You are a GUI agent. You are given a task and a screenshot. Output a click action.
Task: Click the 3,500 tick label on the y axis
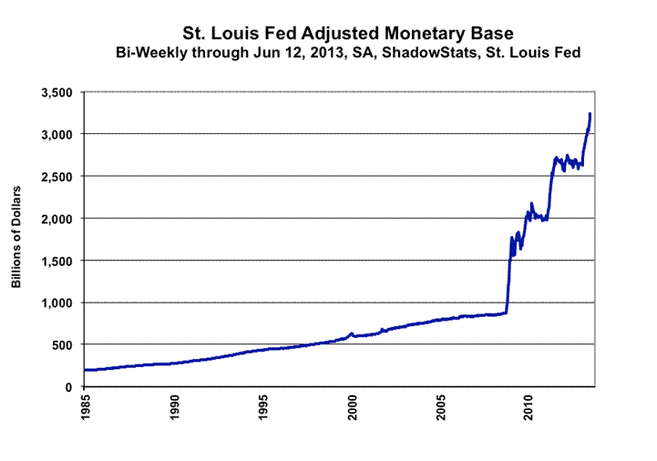(x=54, y=92)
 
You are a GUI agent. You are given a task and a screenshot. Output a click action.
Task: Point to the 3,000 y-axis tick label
(x=54, y=134)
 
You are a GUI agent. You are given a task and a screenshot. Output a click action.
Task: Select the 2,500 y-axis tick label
(x=54, y=176)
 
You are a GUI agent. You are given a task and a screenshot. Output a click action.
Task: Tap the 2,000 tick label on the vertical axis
(x=54, y=219)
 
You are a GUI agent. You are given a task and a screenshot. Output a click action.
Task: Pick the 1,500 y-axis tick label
(x=54, y=261)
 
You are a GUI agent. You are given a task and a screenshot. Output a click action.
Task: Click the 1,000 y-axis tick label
(x=54, y=302)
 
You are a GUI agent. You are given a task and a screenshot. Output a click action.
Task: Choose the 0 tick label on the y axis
(x=68, y=386)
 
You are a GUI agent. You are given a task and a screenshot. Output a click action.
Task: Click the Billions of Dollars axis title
(x=17, y=240)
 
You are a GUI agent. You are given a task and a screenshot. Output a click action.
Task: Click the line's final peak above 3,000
(x=590, y=114)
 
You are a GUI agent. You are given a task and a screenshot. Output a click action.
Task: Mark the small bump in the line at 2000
(x=352, y=333)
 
